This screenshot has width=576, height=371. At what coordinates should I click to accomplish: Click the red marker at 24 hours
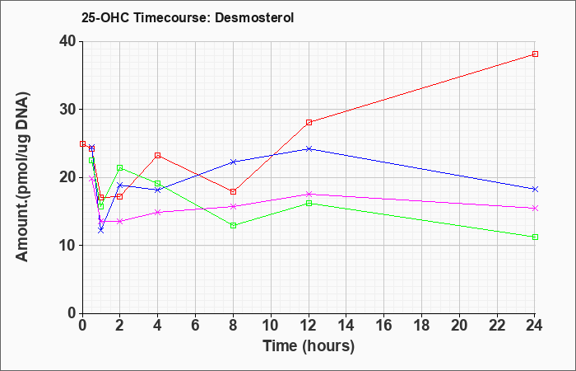[535, 54]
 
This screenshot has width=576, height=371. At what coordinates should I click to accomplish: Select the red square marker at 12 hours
[309, 122]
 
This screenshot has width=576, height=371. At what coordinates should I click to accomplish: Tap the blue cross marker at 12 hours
[309, 148]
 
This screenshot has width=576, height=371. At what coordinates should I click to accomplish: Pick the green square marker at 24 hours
[535, 237]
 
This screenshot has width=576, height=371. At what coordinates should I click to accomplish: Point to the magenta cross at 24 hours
[535, 209]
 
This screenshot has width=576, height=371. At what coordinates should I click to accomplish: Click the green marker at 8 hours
[233, 226]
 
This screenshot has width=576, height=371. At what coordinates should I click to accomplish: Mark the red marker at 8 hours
[233, 192]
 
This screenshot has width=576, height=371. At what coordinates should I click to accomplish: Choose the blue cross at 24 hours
[535, 189]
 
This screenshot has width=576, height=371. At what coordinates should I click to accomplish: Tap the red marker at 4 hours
[158, 155]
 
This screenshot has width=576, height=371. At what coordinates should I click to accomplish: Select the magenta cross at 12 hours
[309, 194]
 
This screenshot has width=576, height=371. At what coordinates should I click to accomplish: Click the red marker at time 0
[82, 144]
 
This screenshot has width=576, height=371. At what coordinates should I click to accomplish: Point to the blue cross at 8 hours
[233, 162]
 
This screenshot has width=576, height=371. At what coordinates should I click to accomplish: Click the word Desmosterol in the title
[254, 17]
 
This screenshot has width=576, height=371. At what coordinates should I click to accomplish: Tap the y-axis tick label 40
[68, 41]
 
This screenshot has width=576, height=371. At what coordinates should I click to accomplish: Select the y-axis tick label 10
[68, 245]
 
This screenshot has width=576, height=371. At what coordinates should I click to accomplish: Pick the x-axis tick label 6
[196, 326]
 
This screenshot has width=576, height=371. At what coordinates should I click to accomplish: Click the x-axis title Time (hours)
[309, 346]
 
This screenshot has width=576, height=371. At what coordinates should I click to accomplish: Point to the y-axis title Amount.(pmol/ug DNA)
[23, 177]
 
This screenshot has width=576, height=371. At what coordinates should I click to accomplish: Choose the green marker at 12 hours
[309, 203]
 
